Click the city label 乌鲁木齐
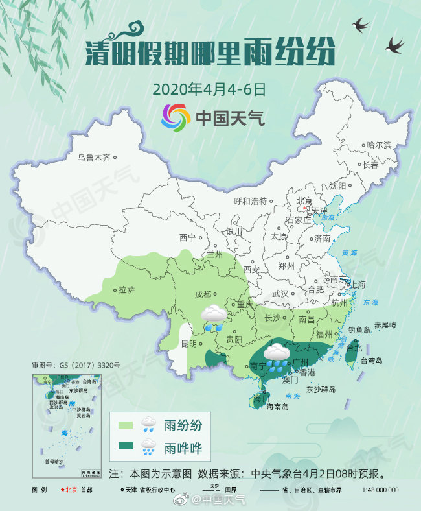click(x=95, y=157)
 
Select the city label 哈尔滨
click(x=379, y=145)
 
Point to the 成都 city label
click(x=203, y=294)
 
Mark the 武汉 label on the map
click(x=280, y=294)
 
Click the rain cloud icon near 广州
click(x=277, y=356)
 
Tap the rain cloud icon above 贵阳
click(x=214, y=318)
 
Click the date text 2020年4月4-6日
click(x=210, y=89)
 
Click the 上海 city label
click(x=358, y=285)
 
